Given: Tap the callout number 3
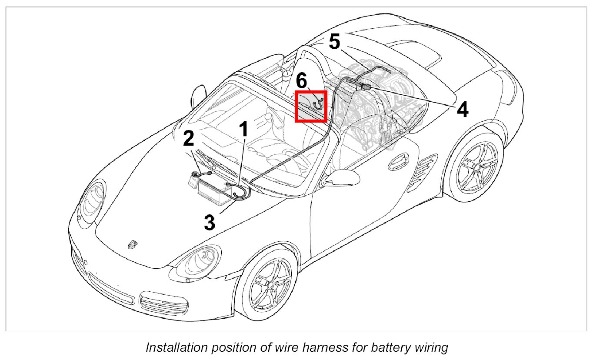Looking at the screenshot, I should [210, 223].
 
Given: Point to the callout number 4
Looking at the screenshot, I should [463, 110].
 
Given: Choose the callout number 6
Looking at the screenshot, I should [301, 81].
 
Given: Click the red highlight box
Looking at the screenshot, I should [311, 107].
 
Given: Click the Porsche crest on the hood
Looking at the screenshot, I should [131, 245].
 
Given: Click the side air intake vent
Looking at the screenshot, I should [427, 166].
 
